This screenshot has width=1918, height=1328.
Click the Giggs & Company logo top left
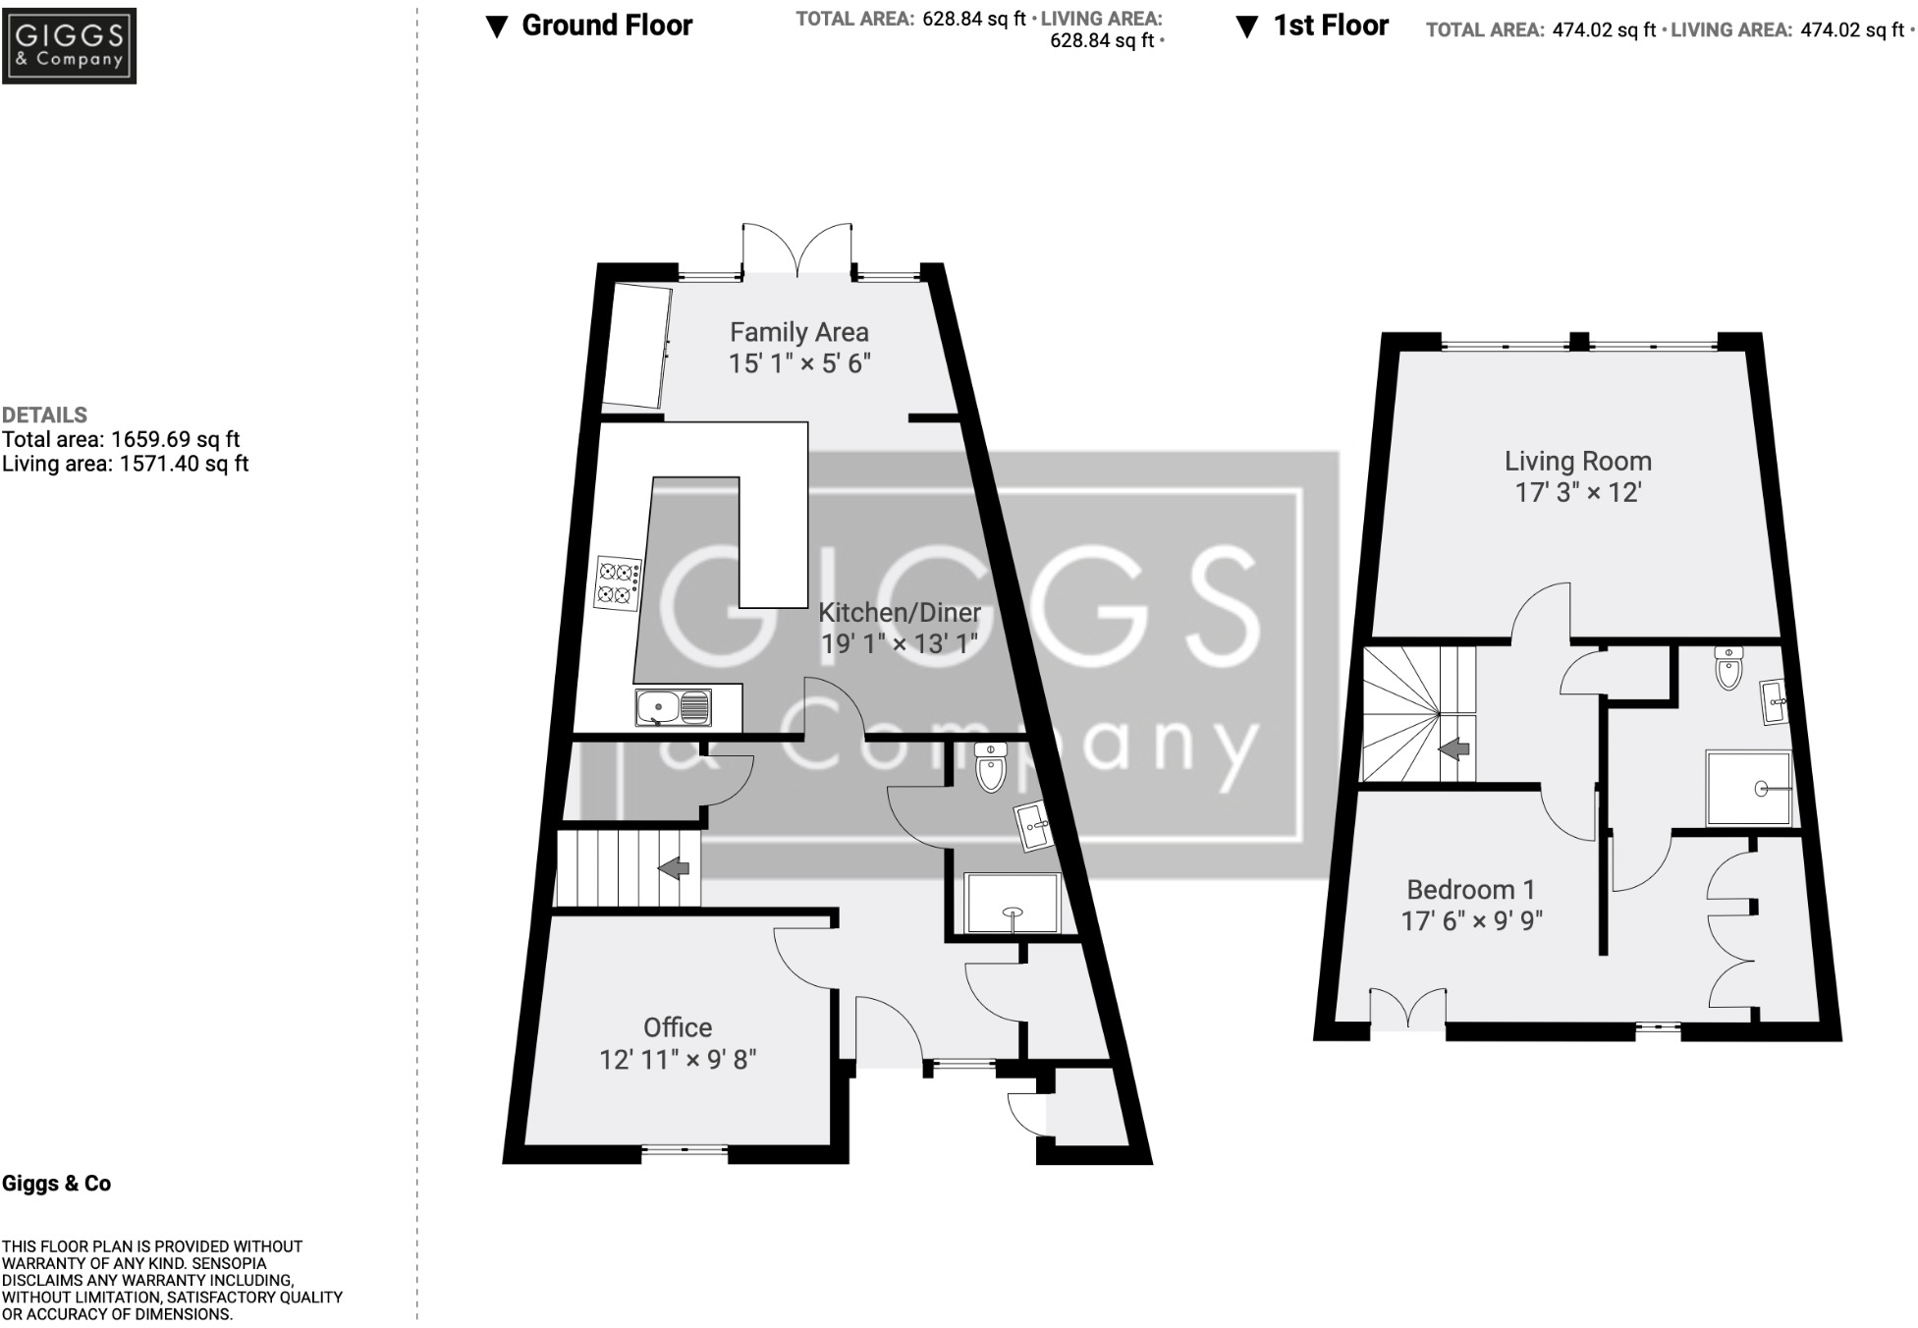pos(69,45)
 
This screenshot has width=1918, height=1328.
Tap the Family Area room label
pos(798,333)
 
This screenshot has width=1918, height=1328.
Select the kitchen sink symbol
pos(673,707)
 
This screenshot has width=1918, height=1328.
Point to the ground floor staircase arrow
pos(674,868)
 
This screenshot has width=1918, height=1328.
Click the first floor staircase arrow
pos(1453,749)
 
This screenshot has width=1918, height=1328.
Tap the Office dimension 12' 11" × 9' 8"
pos(678,1060)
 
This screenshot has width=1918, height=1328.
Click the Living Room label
pos(1577,462)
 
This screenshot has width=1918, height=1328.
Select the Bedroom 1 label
pos(1470,890)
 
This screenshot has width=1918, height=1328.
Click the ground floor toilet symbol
pos(991,768)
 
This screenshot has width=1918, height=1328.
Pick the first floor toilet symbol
pos(1728,670)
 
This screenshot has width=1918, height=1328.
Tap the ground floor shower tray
pos(1013,902)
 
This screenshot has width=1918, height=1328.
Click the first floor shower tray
pos(1748,788)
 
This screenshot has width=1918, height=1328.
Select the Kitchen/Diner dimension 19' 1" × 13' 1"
pos(900,644)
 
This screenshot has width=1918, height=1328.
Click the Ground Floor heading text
pos(606,26)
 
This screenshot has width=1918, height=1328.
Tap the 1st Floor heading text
pos(1330,26)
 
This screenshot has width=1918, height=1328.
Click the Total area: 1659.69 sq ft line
pos(121,440)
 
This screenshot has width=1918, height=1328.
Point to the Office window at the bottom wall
pos(685,1148)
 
